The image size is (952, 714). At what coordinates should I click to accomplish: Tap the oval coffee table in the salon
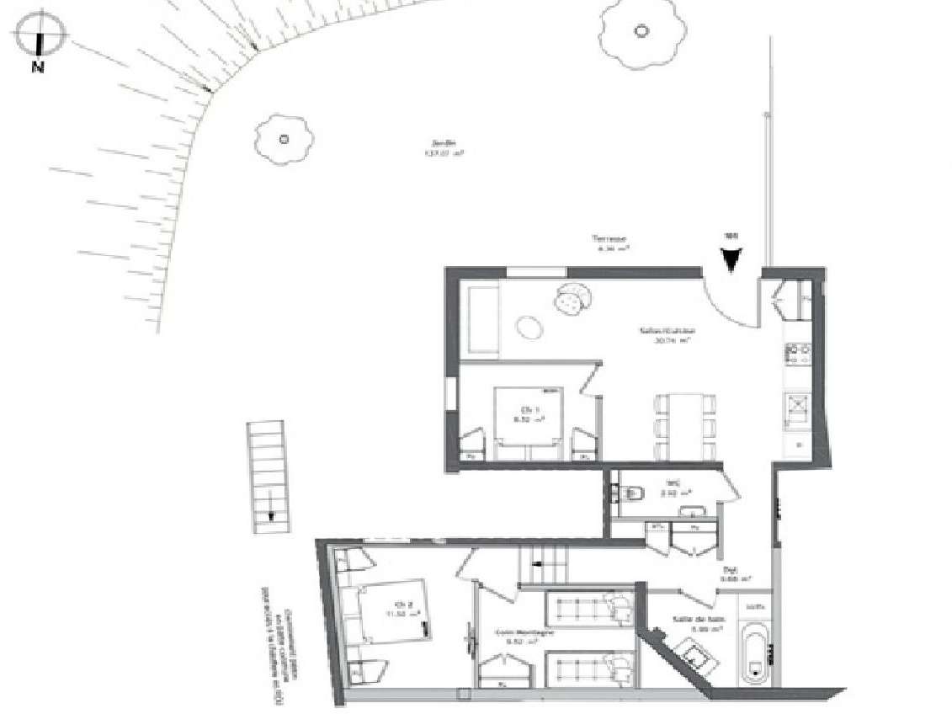(x=531, y=325)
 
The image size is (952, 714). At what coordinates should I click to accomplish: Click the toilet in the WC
(x=633, y=489)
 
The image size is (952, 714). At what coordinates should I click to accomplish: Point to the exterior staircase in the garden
(x=268, y=477)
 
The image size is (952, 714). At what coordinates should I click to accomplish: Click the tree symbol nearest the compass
(x=284, y=138)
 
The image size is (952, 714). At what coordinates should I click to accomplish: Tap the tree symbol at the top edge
(x=641, y=33)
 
